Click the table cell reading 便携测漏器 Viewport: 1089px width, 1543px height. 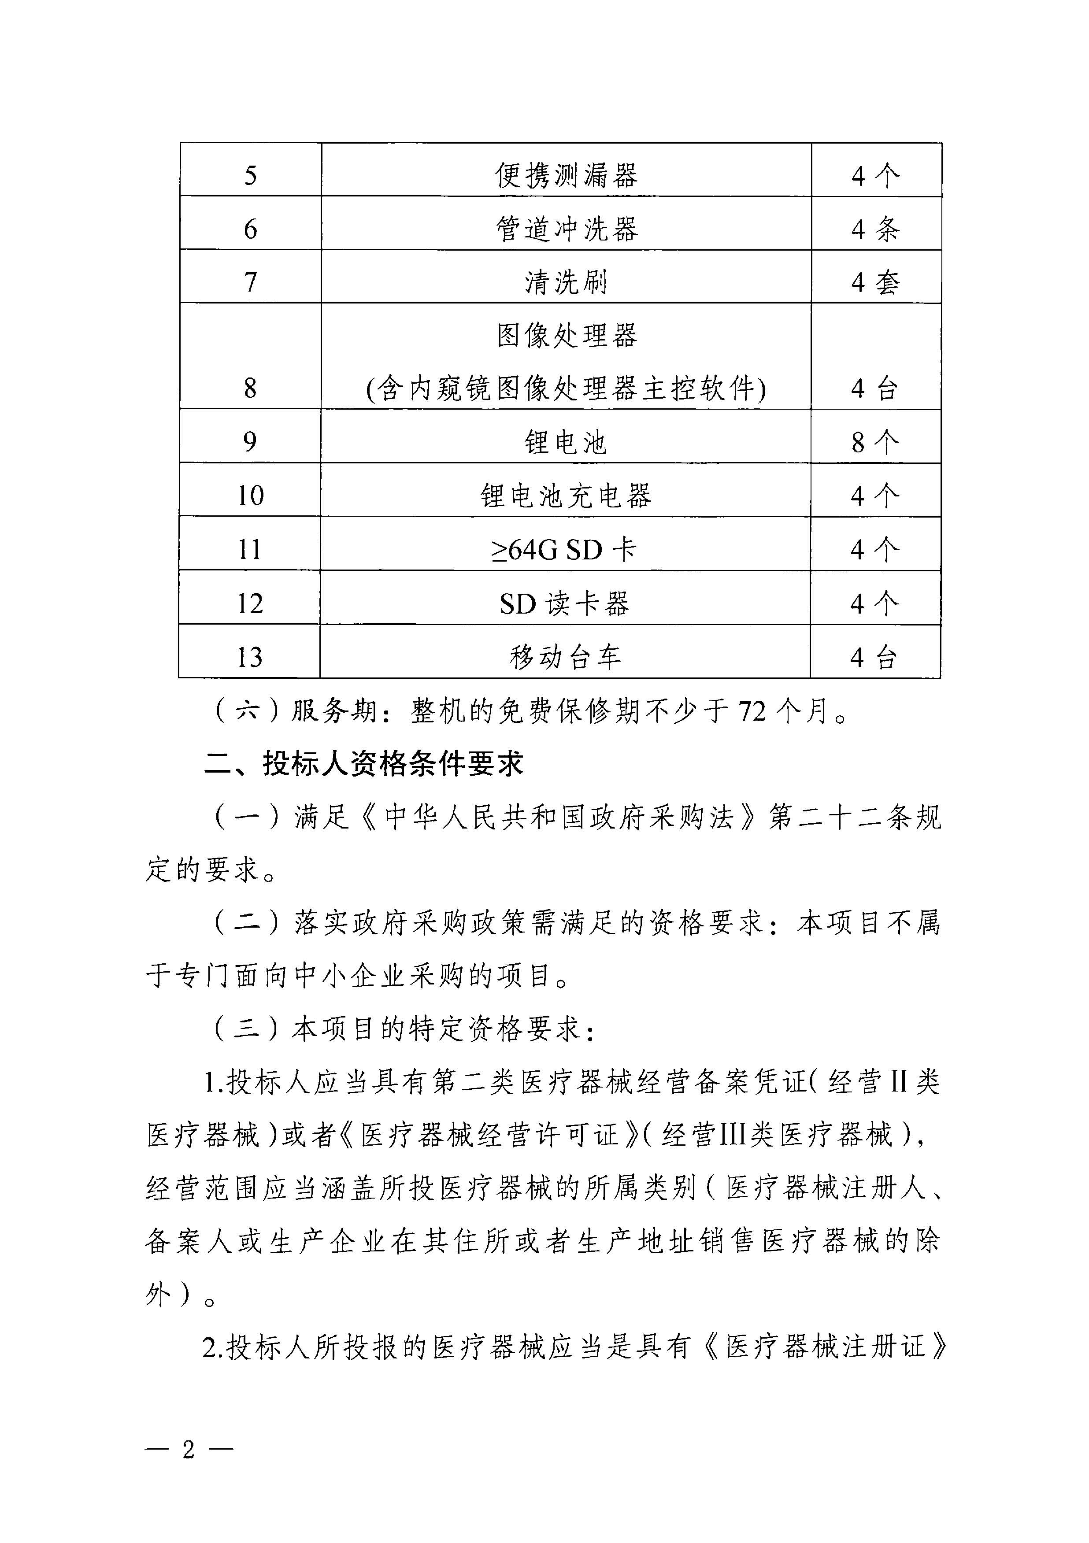tap(566, 175)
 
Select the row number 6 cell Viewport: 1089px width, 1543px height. tap(250, 229)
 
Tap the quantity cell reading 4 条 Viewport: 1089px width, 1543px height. tap(875, 229)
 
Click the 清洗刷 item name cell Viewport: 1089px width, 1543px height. tap(566, 281)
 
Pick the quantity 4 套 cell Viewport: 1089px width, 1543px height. tap(875, 281)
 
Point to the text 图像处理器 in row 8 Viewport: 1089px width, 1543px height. tap(566, 335)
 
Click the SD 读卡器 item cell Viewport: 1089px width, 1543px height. tap(565, 603)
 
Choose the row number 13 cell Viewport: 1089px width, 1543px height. tap(249, 657)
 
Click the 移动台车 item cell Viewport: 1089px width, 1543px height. tap(565, 657)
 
